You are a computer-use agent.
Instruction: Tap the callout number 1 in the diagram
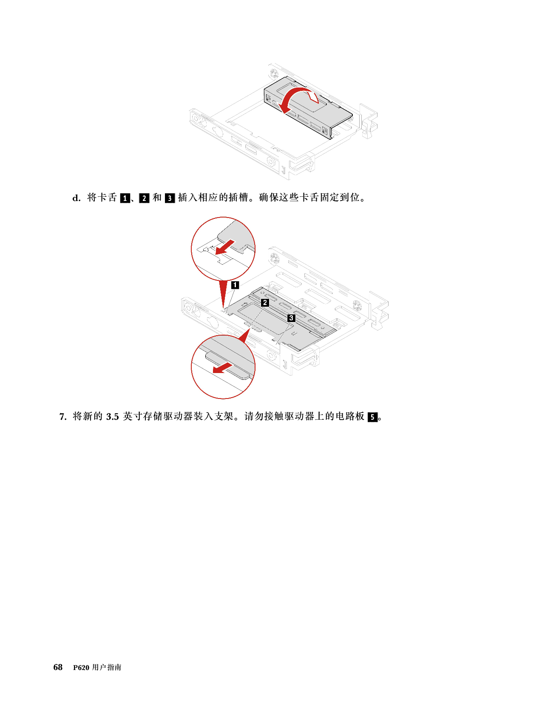click(235, 285)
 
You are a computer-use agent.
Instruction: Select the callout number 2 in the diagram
click(265, 302)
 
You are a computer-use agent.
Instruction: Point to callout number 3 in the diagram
click(291, 318)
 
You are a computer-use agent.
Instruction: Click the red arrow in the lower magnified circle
click(222, 367)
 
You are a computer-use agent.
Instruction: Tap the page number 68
click(58, 667)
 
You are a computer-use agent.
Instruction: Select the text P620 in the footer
click(81, 668)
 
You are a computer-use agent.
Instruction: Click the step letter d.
click(76, 198)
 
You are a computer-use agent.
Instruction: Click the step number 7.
click(63, 417)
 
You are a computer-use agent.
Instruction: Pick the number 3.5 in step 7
click(113, 417)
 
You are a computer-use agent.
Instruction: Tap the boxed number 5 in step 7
click(372, 417)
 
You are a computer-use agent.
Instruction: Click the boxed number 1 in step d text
click(125, 198)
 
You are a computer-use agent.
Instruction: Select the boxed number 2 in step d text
click(144, 198)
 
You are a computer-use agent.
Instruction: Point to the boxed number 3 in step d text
click(170, 198)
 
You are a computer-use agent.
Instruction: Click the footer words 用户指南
click(107, 667)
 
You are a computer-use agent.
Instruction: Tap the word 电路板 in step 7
click(350, 416)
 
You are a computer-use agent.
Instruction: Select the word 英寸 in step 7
click(133, 416)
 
